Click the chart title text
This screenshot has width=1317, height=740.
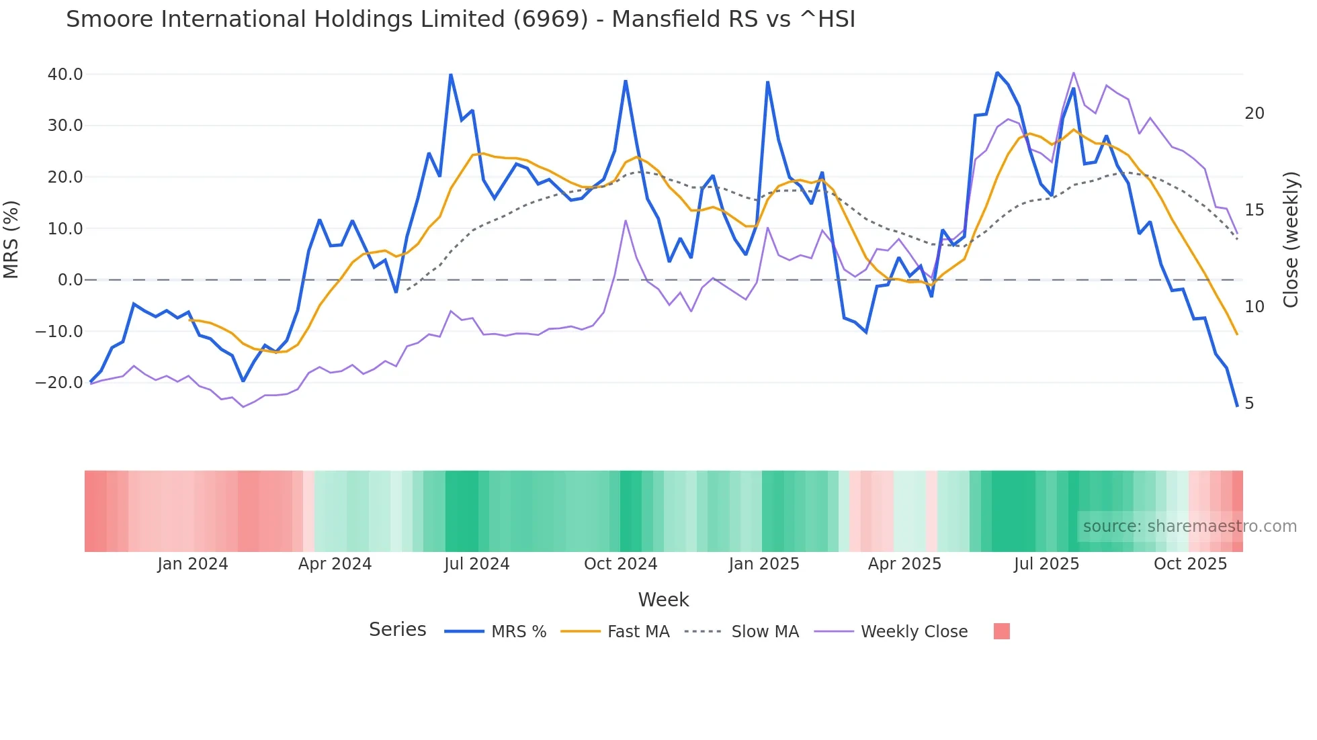pos(460,19)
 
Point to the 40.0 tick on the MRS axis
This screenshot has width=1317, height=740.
pos(65,75)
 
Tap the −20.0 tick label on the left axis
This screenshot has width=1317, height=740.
pos(59,383)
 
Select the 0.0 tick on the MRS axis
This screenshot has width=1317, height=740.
pos(71,280)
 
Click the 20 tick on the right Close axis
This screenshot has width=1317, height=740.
pos(1254,113)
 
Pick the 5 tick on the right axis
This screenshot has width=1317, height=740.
pos(1249,404)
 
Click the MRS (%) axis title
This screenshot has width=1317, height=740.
pos(11,240)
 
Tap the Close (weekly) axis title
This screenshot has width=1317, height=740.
pos(1291,240)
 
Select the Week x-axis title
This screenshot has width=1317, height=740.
pos(663,600)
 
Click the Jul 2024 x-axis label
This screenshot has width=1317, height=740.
pos(476,564)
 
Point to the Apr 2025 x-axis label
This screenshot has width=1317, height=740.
pos(904,564)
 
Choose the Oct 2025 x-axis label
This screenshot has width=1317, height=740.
pos(1190,564)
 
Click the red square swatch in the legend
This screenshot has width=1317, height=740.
pos(1001,631)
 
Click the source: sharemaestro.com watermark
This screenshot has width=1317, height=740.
pos(1189,526)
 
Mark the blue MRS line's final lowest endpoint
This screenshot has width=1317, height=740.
pos(1236,406)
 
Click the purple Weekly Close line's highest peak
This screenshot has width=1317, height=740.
pos(1073,73)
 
